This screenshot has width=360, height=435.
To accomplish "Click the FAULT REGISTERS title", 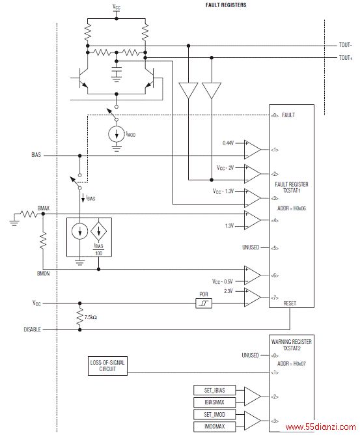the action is coord(226,5).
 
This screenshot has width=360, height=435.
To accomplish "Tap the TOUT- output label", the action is coord(345,45).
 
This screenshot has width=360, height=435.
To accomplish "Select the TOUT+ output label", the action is coord(346,58).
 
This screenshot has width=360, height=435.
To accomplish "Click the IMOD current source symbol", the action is coord(117,134).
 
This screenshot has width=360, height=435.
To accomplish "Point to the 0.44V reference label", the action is coord(228,143).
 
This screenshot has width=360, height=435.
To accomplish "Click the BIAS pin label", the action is coord(36,155).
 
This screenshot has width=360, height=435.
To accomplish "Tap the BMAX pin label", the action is coord(43,208).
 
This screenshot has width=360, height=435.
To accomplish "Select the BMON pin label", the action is coord(43,274).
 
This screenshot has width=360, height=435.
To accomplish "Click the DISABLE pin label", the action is coord(32,330).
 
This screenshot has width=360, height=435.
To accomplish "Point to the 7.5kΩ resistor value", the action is coord(90,317).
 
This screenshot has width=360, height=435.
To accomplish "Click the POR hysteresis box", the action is coord(204,303).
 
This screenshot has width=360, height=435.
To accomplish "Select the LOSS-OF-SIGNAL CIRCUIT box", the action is coord(107,366).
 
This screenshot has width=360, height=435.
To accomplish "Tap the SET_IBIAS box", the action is coord(214,390).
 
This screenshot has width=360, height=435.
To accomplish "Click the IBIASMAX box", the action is coord(214,402).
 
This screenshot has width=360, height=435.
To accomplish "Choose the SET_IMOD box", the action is coord(214,414).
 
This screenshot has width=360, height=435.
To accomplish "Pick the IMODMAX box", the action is coord(214,427).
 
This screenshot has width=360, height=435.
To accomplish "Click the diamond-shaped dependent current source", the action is coord(99,231).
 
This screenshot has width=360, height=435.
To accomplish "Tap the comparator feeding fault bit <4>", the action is coord(253,220).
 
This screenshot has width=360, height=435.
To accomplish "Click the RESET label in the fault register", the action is coord(290,303).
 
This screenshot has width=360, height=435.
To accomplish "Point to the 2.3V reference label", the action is coord(228,291).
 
